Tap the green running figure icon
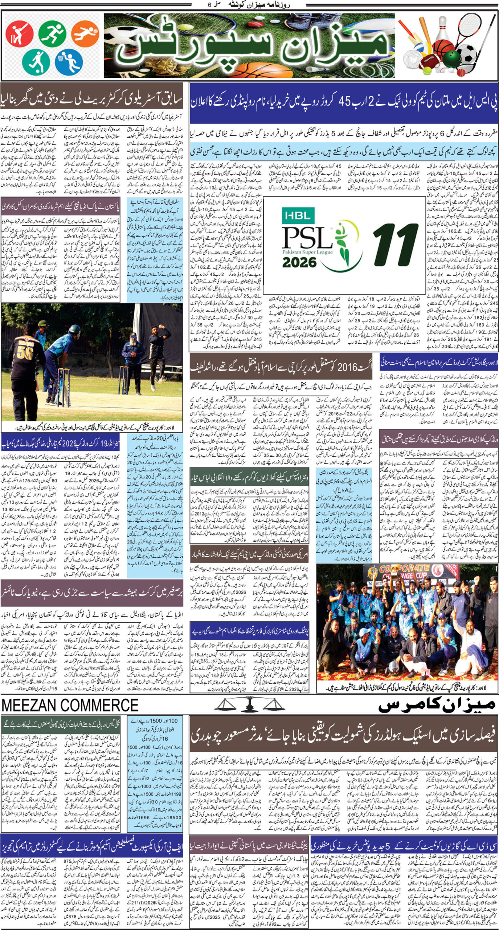pos(52,34)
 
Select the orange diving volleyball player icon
pos(85,34)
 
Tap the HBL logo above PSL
pos(297,216)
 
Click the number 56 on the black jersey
pos(24,353)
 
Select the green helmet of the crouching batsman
pos(74,329)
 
